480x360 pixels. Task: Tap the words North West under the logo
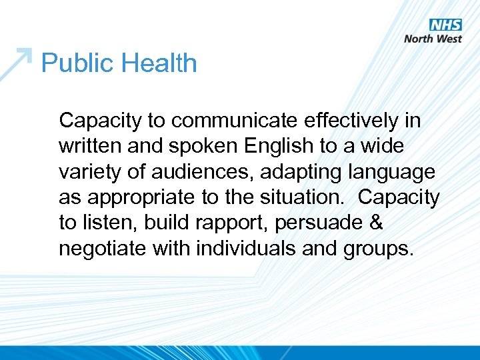(x=433, y=39)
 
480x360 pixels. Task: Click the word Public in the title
(x=73, y=63)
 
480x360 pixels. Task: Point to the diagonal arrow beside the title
(x=16, y=63)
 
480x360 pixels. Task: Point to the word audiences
(x=202, y=171)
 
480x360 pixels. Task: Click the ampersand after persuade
(x=376, y=223)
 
